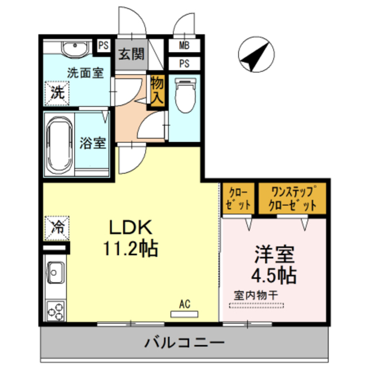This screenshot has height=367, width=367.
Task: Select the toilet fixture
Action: coord(185,95)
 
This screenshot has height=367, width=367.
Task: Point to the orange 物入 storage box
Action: coord(157,91)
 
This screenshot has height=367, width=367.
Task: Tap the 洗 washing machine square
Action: coord(57,92)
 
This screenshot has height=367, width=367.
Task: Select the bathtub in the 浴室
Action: coord(58,146)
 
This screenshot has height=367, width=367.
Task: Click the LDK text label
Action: coord(131,228)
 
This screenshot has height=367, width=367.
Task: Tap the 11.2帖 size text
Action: coord(131,248)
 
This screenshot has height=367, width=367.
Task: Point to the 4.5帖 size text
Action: coord(275,275)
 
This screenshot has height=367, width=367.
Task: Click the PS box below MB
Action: coord(185,63)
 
